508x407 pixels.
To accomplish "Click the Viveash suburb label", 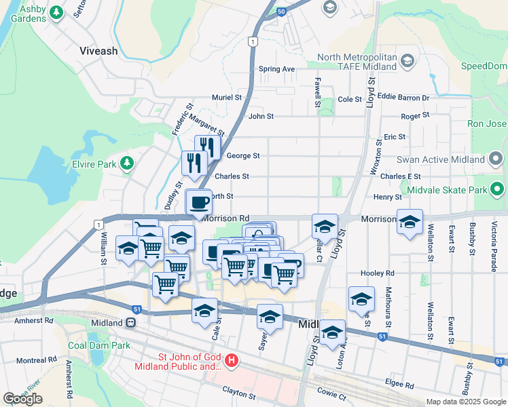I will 98,51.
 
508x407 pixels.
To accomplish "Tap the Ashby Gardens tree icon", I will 57,12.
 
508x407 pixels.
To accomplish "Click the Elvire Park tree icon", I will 126,163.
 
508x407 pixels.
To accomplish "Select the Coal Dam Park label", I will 98,345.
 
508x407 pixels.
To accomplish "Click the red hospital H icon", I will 232,360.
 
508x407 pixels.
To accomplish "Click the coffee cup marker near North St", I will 199,202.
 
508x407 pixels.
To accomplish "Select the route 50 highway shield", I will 281,11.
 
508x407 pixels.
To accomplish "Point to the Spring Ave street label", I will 276,69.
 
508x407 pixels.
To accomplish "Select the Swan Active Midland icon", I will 496,160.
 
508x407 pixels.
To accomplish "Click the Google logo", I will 22,399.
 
